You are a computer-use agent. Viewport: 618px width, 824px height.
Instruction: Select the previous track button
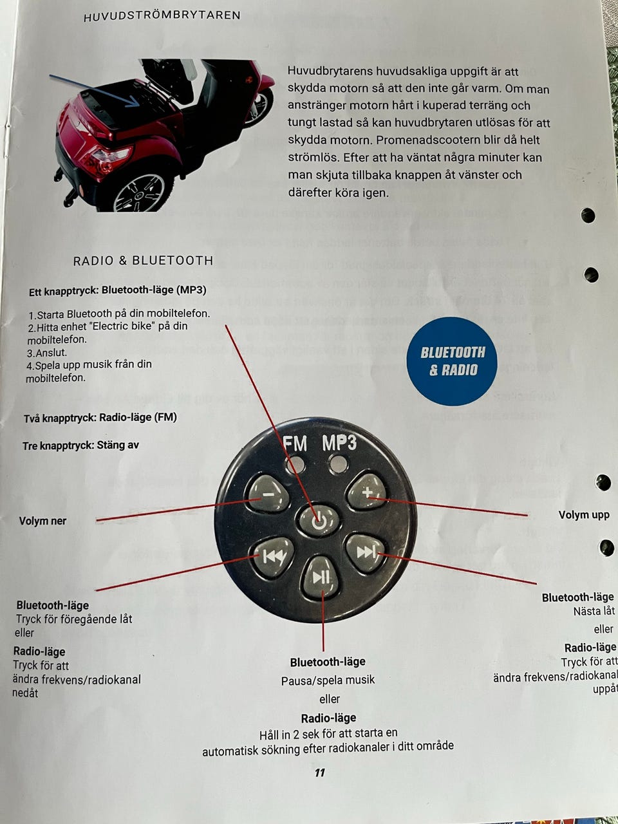[273, 554]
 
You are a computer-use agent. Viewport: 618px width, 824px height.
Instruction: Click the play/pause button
[321, 576]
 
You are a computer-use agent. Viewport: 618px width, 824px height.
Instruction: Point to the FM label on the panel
[295, 444]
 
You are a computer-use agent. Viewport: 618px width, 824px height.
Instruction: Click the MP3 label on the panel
[339, 443]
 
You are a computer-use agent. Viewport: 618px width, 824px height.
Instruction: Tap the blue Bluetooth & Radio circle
[453, 361]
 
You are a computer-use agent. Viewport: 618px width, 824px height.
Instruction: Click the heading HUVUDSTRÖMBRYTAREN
[162, 15]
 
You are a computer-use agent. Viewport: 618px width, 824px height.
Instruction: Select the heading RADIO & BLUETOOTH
[143, 261]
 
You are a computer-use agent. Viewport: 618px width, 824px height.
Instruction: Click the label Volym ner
[42, 521]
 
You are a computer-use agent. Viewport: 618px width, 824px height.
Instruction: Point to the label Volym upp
[584, 515]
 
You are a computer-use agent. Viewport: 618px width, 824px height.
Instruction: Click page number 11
[320, 772]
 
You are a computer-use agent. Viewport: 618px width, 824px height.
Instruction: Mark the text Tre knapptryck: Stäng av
[80, 445]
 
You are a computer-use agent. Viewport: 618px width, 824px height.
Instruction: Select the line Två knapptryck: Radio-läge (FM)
[100, 418]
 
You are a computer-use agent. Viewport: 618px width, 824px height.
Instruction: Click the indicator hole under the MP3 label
[337, 464]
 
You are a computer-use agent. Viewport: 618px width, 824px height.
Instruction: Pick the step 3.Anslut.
[47, 353]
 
